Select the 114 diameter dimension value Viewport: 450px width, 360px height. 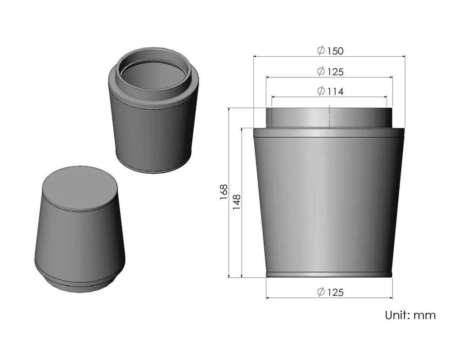pyautogui.click(x=335, y=91)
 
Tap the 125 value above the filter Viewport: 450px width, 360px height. pyautogui.click(x=335, y=72)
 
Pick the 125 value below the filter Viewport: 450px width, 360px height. pyautogui.click(x=335, y=292)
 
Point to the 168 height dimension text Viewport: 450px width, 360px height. pyautogui.click(x=224, y=193)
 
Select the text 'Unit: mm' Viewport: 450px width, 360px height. pyautogui.click(x=410, y=315)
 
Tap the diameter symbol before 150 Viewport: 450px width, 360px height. pyautogui.click(x=321, y=51)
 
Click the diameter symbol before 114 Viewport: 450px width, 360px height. pyautogui.click(x=321, y=91)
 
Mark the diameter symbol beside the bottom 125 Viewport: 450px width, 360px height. pyautogui.click(x=321, y=292)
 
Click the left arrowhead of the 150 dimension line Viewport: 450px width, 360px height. pyautogui.click(x=256, y=56)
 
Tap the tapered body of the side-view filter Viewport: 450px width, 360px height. pyautogui.click(x=328, y=202)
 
